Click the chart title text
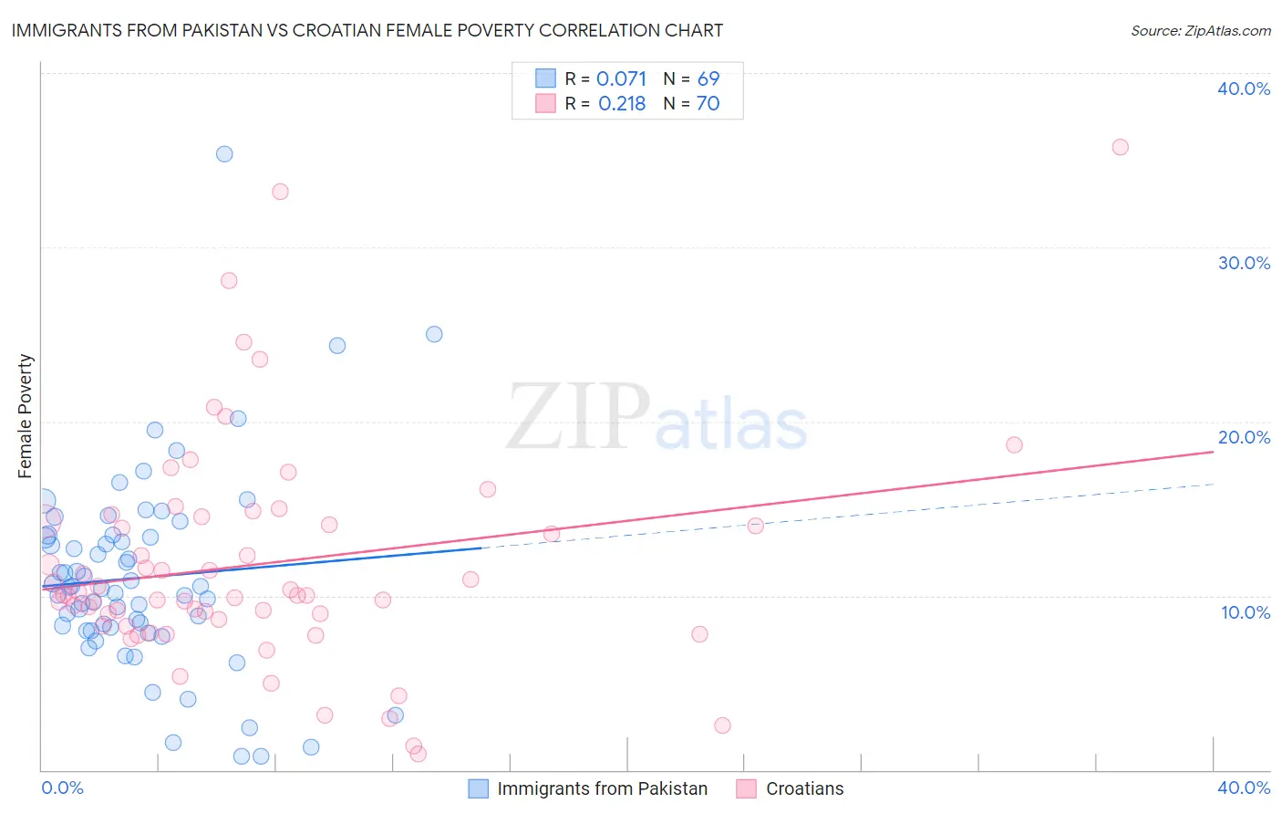coord(367,30)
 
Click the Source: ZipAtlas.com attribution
coord(1200,30)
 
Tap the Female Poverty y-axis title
coord(25,416)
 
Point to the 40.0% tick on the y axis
coord(1244,89)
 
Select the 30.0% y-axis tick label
coord(1244,263)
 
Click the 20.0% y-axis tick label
coord(1244,437)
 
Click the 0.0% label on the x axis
coord(62,788)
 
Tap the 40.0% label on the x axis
coord(1244,788)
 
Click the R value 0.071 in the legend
coord(621,79)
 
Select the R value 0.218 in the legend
coord(622,104)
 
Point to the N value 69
coord(708,79)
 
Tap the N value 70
coord(708,104)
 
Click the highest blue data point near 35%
coord(224,154)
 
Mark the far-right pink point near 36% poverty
coord(1120,147)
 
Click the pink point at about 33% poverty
coord(280,192)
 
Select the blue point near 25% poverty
coord(434,334)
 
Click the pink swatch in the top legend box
coord(545,103)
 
